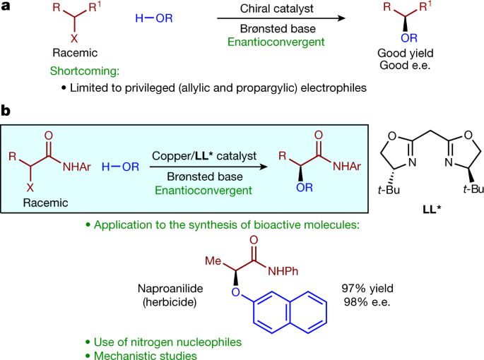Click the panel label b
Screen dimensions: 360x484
pyautogui.click(x=6, y=111)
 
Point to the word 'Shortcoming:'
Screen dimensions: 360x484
pyautogui.click(x=80, y=72)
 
